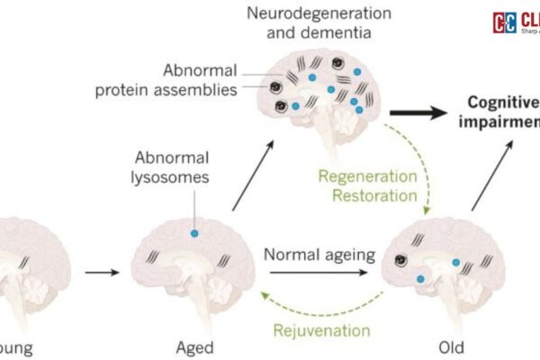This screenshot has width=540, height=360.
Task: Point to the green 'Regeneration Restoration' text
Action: point(366,184)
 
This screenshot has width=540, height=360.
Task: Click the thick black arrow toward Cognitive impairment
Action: point(422,112)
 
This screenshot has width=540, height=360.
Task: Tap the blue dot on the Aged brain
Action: point(193,233)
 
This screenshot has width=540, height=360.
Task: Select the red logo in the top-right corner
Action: point(504,22)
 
